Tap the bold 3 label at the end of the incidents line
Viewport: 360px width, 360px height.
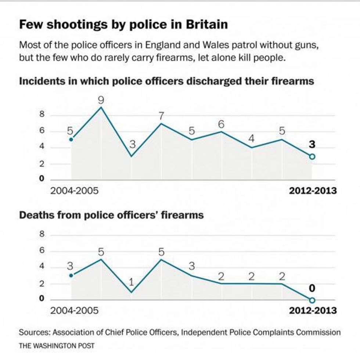coord(312,145)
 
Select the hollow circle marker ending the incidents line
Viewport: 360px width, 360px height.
coord(312,156)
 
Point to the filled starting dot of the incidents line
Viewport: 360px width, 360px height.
coord(71,139)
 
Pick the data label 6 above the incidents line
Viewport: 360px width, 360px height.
coord(222,125)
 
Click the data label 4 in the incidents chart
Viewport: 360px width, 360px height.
coord(251,139)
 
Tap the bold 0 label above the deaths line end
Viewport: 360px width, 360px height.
coord(312,288)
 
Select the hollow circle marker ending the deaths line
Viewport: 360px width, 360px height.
coord(312,300)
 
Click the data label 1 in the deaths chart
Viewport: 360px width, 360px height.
coord(132,283)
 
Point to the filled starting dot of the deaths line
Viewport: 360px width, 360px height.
coord(71,275)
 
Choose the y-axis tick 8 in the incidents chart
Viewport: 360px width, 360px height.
coord(42,115)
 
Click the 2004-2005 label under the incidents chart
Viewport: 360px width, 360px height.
coord(74,191)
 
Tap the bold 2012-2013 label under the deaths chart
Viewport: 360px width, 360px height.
coord(313,310)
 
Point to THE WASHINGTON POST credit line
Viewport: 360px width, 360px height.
coord(57,346)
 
